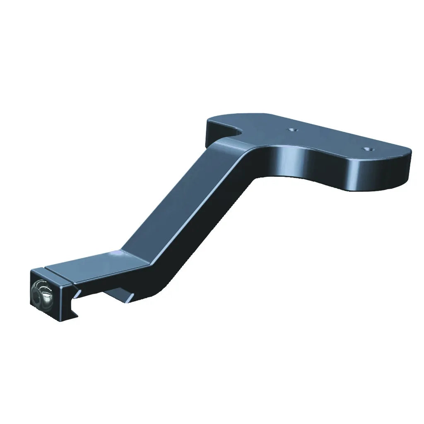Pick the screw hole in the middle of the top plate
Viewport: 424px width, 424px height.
[x=293, y=129]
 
